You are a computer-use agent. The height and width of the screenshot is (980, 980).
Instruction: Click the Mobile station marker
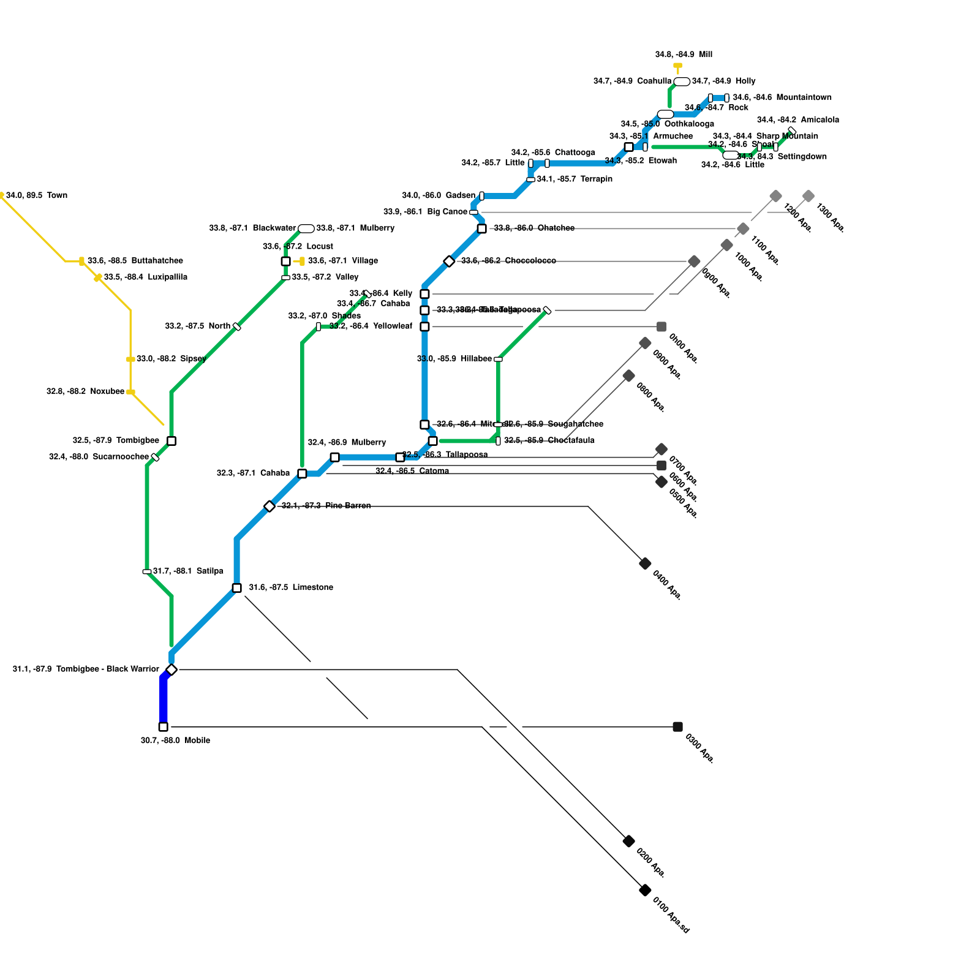click(163, 727)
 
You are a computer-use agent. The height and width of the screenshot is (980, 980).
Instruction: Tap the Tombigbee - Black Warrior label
click(86, 669)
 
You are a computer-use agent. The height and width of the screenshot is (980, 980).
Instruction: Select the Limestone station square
click(237, 588)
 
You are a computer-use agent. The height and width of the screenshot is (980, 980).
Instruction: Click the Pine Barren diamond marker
click(269, 506)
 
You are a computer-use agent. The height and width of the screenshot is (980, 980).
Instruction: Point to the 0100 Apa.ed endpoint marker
click(645, 890)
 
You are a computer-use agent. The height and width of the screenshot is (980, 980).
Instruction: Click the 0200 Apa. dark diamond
click(628, 841)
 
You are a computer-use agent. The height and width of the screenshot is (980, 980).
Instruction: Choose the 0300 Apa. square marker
click(677, 727)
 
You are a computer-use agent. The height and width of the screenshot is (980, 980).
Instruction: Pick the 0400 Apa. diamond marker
click(645, 563)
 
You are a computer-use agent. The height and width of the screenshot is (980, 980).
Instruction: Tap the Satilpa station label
click(188, 571)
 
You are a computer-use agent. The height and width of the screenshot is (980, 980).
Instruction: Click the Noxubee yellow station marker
click(130, 392)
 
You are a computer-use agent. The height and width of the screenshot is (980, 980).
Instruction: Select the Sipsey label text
click(171, 358)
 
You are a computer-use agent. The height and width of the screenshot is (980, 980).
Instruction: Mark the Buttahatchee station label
click(135, 260)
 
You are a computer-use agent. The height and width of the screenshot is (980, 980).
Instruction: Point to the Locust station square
click(285, 262)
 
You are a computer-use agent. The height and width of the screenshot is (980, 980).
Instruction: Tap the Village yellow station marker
click(302, 262)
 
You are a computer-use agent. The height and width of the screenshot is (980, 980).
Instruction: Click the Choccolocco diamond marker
click(449, 262)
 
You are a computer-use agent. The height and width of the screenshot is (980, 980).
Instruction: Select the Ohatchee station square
click(482, 228)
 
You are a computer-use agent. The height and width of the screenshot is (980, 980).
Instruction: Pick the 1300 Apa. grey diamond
click(809, 196)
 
